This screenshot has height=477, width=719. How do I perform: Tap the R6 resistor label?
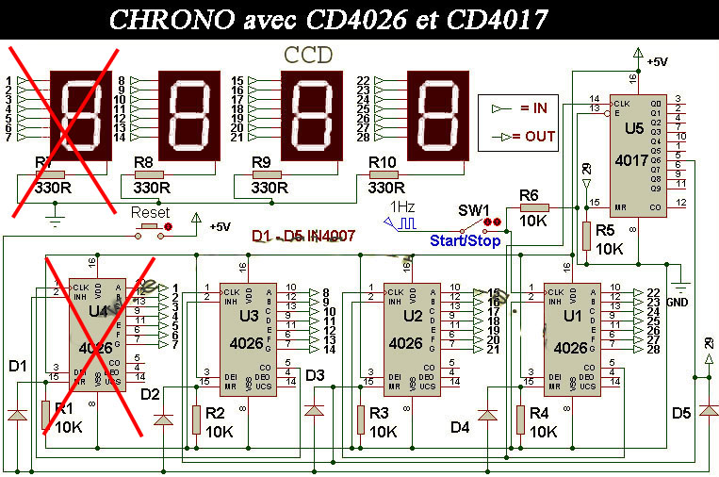point(530,195)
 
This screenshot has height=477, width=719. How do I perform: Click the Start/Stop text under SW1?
point(465,240)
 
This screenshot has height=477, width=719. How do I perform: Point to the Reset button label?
point(149,211)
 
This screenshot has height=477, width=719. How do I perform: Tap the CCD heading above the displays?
point(308,55)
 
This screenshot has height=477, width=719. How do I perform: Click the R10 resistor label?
point(383,162)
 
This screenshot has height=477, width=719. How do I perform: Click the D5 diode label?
point(681,413)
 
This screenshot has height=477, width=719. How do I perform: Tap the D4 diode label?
point(460,428)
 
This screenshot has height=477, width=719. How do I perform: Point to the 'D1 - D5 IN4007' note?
point(303,236)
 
